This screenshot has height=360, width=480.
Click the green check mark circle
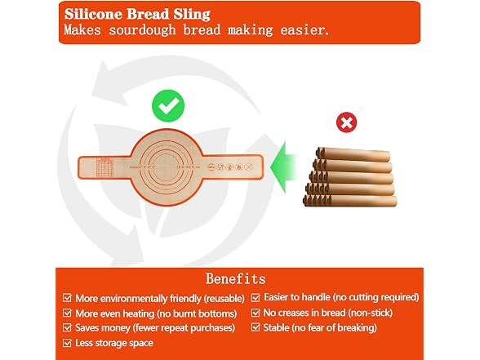(168, 106)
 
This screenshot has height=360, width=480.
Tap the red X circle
(346, 122)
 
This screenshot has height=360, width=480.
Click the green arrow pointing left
(283, 167)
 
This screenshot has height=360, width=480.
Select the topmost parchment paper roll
(353, 154)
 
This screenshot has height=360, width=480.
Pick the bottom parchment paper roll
(350, 201)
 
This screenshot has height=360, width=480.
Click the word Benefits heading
(236, 278)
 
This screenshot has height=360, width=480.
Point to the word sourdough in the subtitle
(142, 30)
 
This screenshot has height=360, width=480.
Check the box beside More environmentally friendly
(67, 298)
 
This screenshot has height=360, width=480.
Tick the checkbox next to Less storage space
(67, 343)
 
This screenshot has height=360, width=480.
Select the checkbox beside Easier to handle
(256, 297)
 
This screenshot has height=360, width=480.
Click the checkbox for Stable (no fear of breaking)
(256, 327)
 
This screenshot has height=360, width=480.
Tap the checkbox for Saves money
(67, 327)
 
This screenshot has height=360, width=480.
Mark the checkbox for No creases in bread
(256, 313)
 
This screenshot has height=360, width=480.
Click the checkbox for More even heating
(67, 313)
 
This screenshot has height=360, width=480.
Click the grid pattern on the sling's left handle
(104, 167)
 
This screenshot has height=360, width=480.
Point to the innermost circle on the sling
(167, 167)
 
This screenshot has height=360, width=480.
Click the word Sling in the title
(193, 15)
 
